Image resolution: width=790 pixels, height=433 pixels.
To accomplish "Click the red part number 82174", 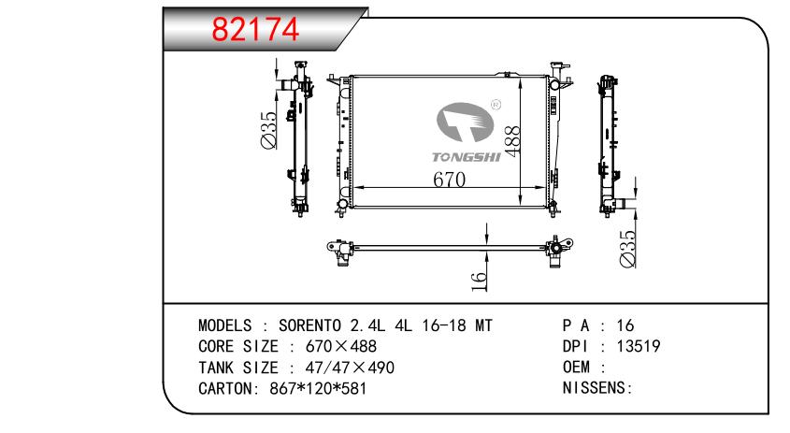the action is [x=255, y=29].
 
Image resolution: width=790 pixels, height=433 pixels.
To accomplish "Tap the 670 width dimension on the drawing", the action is [x=450, y=180].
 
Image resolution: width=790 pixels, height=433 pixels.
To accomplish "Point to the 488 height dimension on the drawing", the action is [x=512, y=141].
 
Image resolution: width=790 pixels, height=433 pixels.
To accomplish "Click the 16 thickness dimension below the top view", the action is [x=479, y=281].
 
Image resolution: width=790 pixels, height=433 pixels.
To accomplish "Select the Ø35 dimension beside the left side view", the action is [x=268, y=130].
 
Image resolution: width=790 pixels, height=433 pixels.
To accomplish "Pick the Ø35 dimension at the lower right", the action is [x=627, y=249].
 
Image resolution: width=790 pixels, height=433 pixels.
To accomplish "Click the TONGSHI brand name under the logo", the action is [x=467, y=157].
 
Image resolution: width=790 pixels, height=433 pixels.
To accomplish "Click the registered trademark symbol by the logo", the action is [x=496, y=105].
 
